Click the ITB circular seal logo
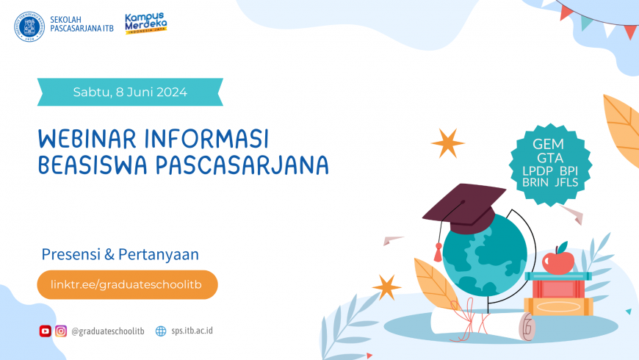tap(29, 26)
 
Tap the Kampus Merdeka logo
tap(145, 24)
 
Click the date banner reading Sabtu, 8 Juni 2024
tap(130, 93)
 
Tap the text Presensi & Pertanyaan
tap(120, 254)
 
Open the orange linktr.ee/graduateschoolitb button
tap(127, 284)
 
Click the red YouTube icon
tap(46, 331)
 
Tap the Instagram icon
tap(61, 331)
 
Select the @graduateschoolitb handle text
tap(108, 331)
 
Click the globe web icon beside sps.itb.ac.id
tap(161, 331)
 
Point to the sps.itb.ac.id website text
tap(192, 331)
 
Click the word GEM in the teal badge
tap(546, 145)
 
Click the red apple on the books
tap(558, 259)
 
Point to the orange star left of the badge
tap(447, 143)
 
